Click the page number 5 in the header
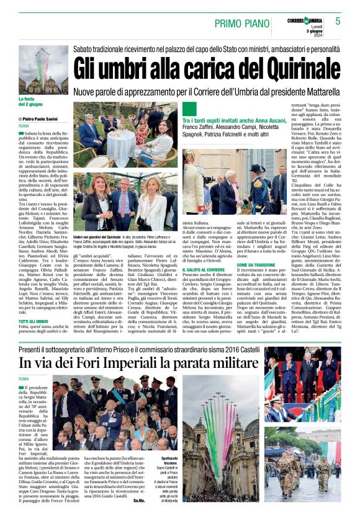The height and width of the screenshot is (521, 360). tap(338, 20)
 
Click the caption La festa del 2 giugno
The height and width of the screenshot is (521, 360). tap(31, 101)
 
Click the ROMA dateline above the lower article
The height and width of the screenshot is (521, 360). tap(24, 379)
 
